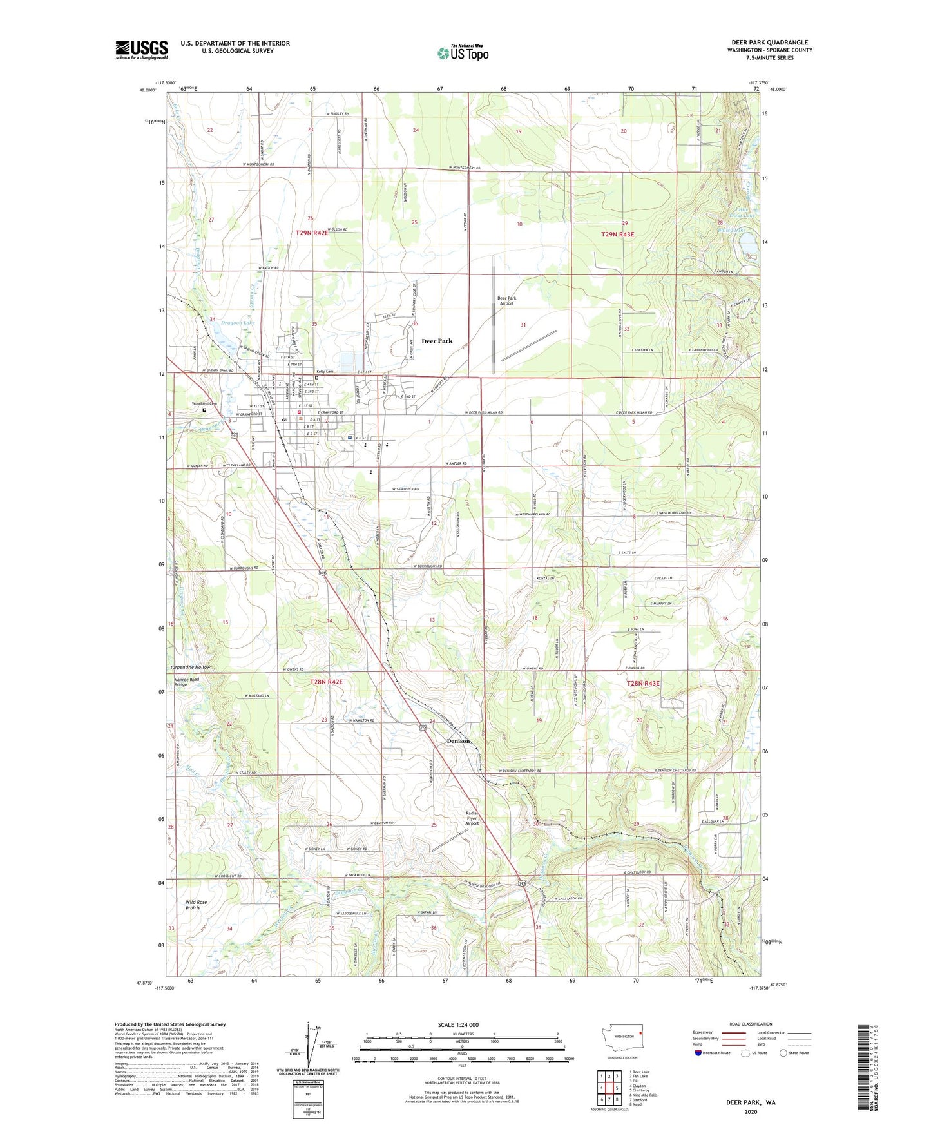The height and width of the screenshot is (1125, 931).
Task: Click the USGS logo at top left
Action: (x=142, y=49)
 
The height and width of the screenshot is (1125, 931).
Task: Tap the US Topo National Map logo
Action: (x=463, y=53)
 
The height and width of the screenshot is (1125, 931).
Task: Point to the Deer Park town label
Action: (x=437, y=341)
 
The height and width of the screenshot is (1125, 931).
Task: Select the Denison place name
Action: (x=459, y=741)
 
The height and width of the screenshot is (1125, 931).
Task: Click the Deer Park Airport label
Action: (x=506, y=301)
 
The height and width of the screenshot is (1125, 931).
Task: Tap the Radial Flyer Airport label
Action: (x=472, y=818)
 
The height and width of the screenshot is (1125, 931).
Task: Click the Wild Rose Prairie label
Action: (x=197, y=905)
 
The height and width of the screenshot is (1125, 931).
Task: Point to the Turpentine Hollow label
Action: (x=190, y=667)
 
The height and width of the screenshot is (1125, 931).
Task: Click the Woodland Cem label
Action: (x=204, y=404)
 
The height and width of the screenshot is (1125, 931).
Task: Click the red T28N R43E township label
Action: (x=643, y=683)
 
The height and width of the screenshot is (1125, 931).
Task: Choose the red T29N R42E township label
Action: (x=312, y=233)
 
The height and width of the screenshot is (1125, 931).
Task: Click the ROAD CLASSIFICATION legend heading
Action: (x=751, y=1024)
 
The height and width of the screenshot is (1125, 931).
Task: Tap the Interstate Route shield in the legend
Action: (x=699, y=1053)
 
